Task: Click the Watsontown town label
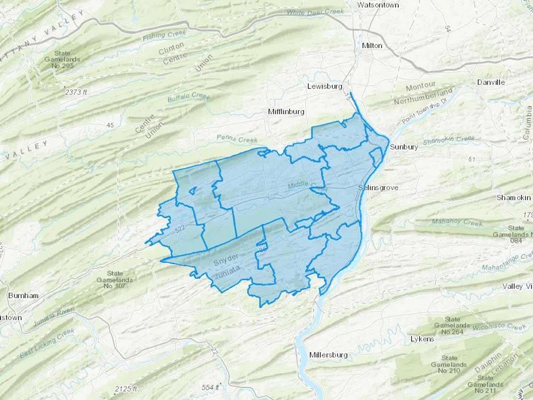pos(378,5)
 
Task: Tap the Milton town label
pos(372,46)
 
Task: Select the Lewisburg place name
pos(325,86)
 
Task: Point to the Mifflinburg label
pos(286,112)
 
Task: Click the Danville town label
pos(491,82)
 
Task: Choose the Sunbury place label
pos(404,147)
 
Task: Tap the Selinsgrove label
pos(378,188)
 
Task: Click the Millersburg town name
pos(328,355)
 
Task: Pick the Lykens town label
pos(422,339)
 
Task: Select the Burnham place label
pos(23,295)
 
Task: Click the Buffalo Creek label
pos(189,97)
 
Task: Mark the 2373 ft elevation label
pos(76,92)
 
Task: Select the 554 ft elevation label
pos(210,387)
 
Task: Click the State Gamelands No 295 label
pos(62,59)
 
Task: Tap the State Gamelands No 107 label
pos(115,279)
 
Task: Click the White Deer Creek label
pos(315,12)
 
